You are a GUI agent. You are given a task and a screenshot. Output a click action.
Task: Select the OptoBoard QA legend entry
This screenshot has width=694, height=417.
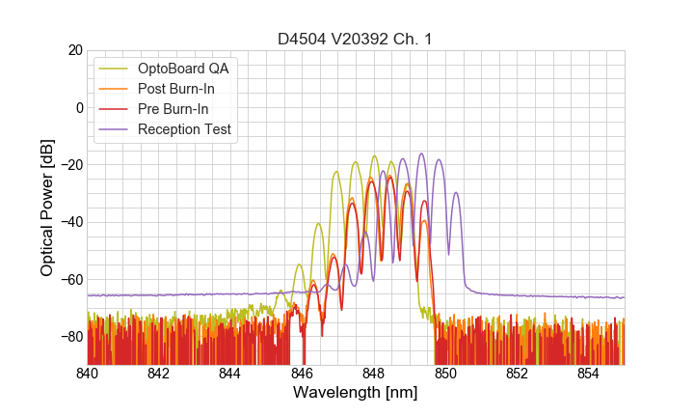[183, 69]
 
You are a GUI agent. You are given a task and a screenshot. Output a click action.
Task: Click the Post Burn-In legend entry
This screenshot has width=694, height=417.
[175, 89]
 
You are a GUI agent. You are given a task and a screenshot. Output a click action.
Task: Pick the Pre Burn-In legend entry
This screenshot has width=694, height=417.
[173, 109]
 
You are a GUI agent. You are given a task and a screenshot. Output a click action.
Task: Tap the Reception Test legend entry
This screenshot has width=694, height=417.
[184, 129]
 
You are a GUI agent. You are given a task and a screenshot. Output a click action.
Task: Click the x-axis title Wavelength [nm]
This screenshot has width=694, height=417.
[356, 394]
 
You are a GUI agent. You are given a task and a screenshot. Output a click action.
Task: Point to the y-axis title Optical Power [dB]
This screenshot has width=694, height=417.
[46, 208]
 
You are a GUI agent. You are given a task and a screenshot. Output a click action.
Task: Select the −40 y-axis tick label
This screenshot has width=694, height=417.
[70, 222]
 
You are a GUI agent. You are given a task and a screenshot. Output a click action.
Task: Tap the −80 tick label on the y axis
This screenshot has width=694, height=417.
[70, 337]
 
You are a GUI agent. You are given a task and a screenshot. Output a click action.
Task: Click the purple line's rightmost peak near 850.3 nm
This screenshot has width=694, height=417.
[457, 192]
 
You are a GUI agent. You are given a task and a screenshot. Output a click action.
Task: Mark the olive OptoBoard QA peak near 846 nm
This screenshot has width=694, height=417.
[300, 264]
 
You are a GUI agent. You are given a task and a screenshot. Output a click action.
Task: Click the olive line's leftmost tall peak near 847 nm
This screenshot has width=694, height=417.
[336, 172]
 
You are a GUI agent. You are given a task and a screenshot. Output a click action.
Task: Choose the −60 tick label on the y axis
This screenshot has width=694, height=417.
[70, 280]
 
